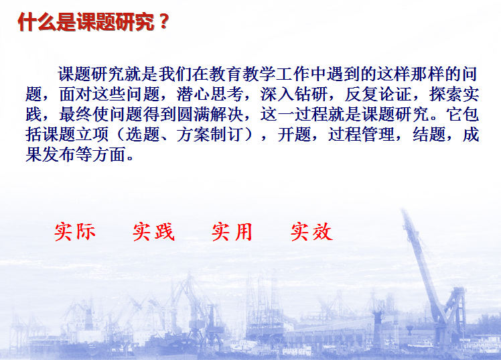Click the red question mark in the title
point(163,21)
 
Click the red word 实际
point(75,232)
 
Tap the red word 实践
point(153,232)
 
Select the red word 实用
point(232,232)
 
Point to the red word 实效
point(311,232)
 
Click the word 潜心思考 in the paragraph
point(210,95)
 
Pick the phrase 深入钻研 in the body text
point(294,95)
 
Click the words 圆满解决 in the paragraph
point(210,115)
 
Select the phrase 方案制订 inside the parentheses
point(210,135)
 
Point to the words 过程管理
point(362,135)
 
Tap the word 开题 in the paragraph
point(294,135)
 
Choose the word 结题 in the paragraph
point(429,135)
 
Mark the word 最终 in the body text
point(76,115)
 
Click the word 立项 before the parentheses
point(92,135)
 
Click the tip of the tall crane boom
point(403,209)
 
